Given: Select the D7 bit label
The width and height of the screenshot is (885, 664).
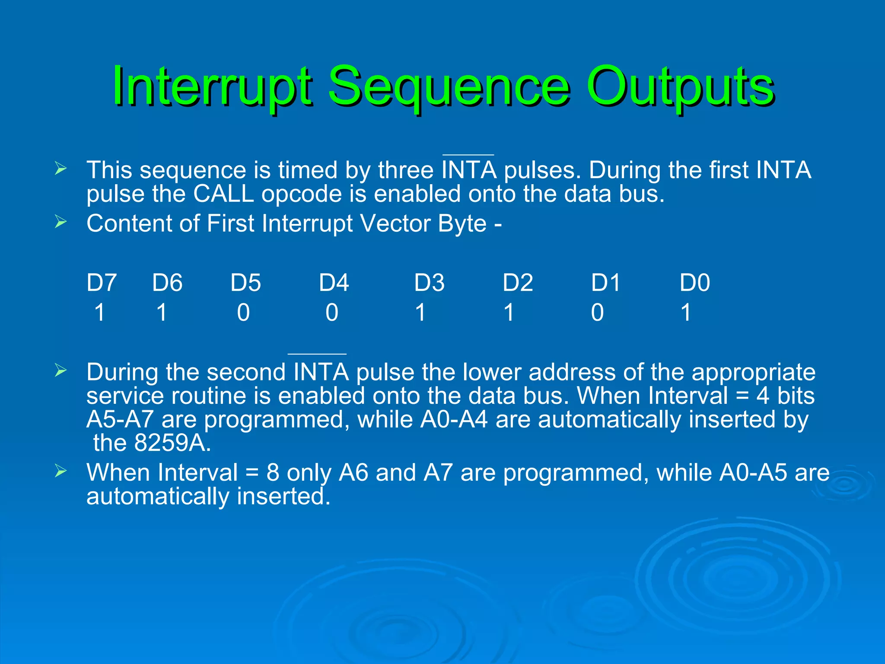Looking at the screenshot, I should coord(102,283).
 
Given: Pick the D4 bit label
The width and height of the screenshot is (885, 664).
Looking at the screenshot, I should coord(334,283).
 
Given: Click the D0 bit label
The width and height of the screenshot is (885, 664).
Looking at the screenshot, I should coord(694,283).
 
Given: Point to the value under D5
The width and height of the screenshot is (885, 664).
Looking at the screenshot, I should coord(243,312).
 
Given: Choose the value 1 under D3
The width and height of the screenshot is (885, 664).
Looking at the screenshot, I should coord(420,312).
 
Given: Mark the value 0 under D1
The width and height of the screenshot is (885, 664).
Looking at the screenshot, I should coord(597,312).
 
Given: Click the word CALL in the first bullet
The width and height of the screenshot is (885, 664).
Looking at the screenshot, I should coord(223,194).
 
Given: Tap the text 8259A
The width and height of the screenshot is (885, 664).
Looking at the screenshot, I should coord(172,443).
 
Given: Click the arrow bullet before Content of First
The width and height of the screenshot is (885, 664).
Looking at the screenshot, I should coord(60,222).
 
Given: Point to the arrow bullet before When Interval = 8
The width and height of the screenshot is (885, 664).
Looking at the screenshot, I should coord(60,471).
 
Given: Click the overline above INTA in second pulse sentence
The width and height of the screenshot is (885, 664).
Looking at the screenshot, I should coord(317,354).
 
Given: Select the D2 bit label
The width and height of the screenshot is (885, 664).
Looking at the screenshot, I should coord(518,283).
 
